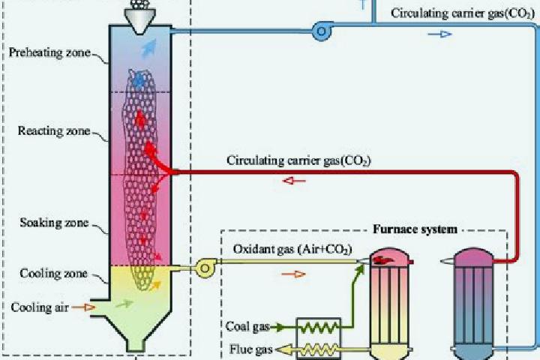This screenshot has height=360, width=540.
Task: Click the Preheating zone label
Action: coord(49,52)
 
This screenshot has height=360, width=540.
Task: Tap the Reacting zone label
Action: coord(54,131)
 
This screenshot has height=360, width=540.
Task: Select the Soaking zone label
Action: coord(54,223)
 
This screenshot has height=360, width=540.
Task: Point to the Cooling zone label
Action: coord(53,274)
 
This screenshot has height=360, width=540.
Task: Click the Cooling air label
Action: coord(40,307)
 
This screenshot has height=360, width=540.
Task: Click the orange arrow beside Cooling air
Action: coord(84,307)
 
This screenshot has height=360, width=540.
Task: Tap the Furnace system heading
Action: coord(415,229)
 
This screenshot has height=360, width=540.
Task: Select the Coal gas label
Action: coord(247,326)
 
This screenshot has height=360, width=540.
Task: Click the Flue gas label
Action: coord(250,349)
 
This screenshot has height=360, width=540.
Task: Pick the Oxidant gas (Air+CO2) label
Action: coord(292,250)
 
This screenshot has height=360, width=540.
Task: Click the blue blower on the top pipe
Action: coord(322,31)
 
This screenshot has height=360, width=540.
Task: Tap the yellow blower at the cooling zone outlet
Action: coord(205,268)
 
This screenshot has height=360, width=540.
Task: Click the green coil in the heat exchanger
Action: coord(319,327)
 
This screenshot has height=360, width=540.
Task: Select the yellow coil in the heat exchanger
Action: coord(319,350)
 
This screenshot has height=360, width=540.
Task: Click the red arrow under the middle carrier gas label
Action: coord(294,181)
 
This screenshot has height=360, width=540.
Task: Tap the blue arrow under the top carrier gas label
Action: coord(439,34)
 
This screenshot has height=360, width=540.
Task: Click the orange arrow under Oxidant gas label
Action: coord(294,274)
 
